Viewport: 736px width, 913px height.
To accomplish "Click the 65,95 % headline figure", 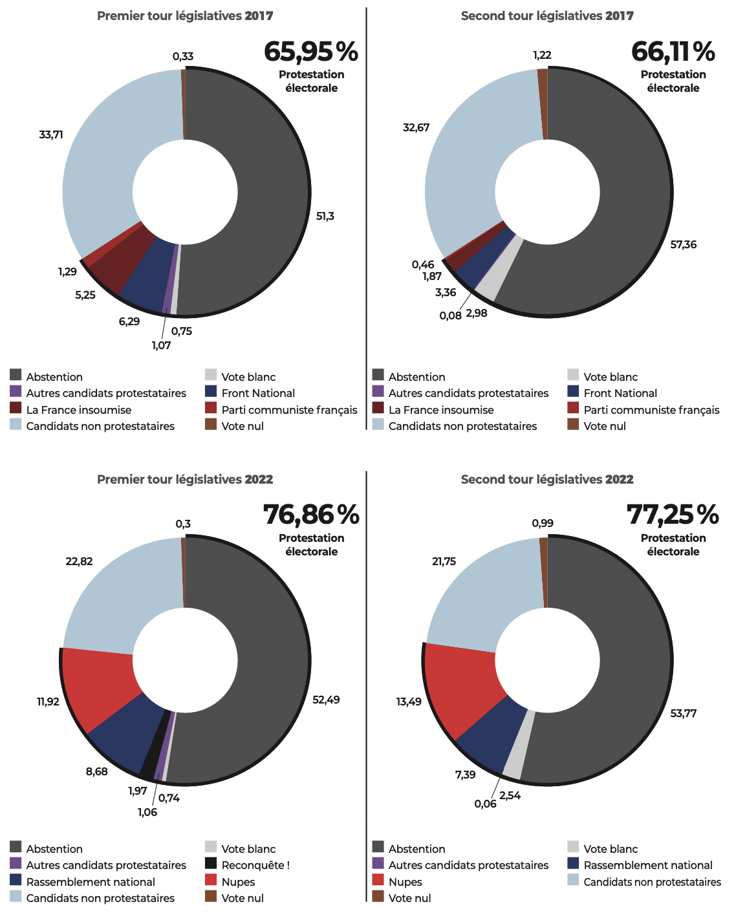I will [x=310, y=52].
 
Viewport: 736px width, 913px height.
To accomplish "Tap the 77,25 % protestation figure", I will [x=673, y=515].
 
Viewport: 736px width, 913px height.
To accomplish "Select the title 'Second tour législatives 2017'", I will [x=547, y=16].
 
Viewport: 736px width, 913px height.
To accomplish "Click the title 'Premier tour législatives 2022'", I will [x=185, y=480].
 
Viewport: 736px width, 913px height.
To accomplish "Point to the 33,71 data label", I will [x=51, y=134].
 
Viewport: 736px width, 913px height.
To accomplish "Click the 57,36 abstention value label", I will [x=684, y=244].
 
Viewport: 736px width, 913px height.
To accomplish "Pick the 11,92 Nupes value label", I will [x=48, y=702].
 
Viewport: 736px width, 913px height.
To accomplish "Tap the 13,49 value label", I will [x=409, y=702].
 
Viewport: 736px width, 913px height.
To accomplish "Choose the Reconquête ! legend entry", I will [x=255, y=865].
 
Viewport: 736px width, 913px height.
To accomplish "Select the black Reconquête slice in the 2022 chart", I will [x=149, y=744].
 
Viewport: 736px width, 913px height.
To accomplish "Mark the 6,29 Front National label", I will [x=129, y=321].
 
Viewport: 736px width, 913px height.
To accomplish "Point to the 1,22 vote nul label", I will [x=542, y=56].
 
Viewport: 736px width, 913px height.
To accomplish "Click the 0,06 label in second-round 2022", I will [x=485, y=804].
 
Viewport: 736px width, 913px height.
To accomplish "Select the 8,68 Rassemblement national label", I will [x=97, y=771].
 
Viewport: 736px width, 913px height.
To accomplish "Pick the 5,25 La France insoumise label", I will [x=85, y=295].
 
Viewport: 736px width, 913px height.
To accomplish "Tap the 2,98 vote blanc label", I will [x=477, y=314].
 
